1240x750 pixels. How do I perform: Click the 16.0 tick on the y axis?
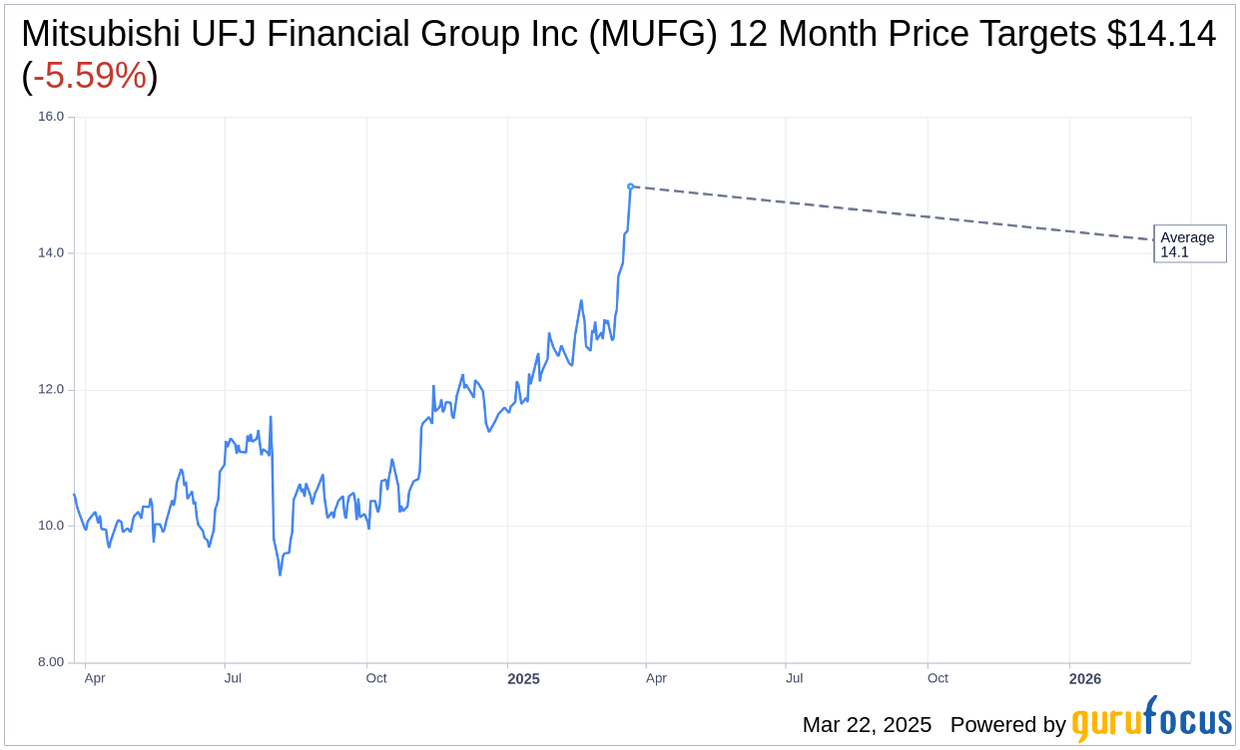pos(50,117)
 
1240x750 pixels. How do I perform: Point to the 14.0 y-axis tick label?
pos(50,253)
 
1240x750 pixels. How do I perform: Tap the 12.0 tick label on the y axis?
pos(50,390)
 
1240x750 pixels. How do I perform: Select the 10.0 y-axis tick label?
pos(50,526)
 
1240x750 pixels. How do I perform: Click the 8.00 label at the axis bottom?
pos(50,662)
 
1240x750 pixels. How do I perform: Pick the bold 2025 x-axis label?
pos(523,679)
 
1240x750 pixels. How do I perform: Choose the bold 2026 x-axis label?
pos(1085,679)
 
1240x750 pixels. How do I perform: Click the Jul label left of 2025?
pos(233,678)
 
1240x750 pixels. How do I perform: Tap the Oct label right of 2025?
pos(937,678)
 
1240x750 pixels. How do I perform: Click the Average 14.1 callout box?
pos(1189,244)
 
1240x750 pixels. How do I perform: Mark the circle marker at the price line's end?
pos(630,187)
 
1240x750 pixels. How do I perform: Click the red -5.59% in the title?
pos(90,76)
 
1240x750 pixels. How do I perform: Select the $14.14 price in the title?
pos(1161,34)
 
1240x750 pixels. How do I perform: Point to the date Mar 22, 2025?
pos(867,725)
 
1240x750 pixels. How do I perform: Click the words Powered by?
pos(1007,725)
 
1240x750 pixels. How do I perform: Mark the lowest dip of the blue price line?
pos(280,574)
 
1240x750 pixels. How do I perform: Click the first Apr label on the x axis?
pos(95,678)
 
